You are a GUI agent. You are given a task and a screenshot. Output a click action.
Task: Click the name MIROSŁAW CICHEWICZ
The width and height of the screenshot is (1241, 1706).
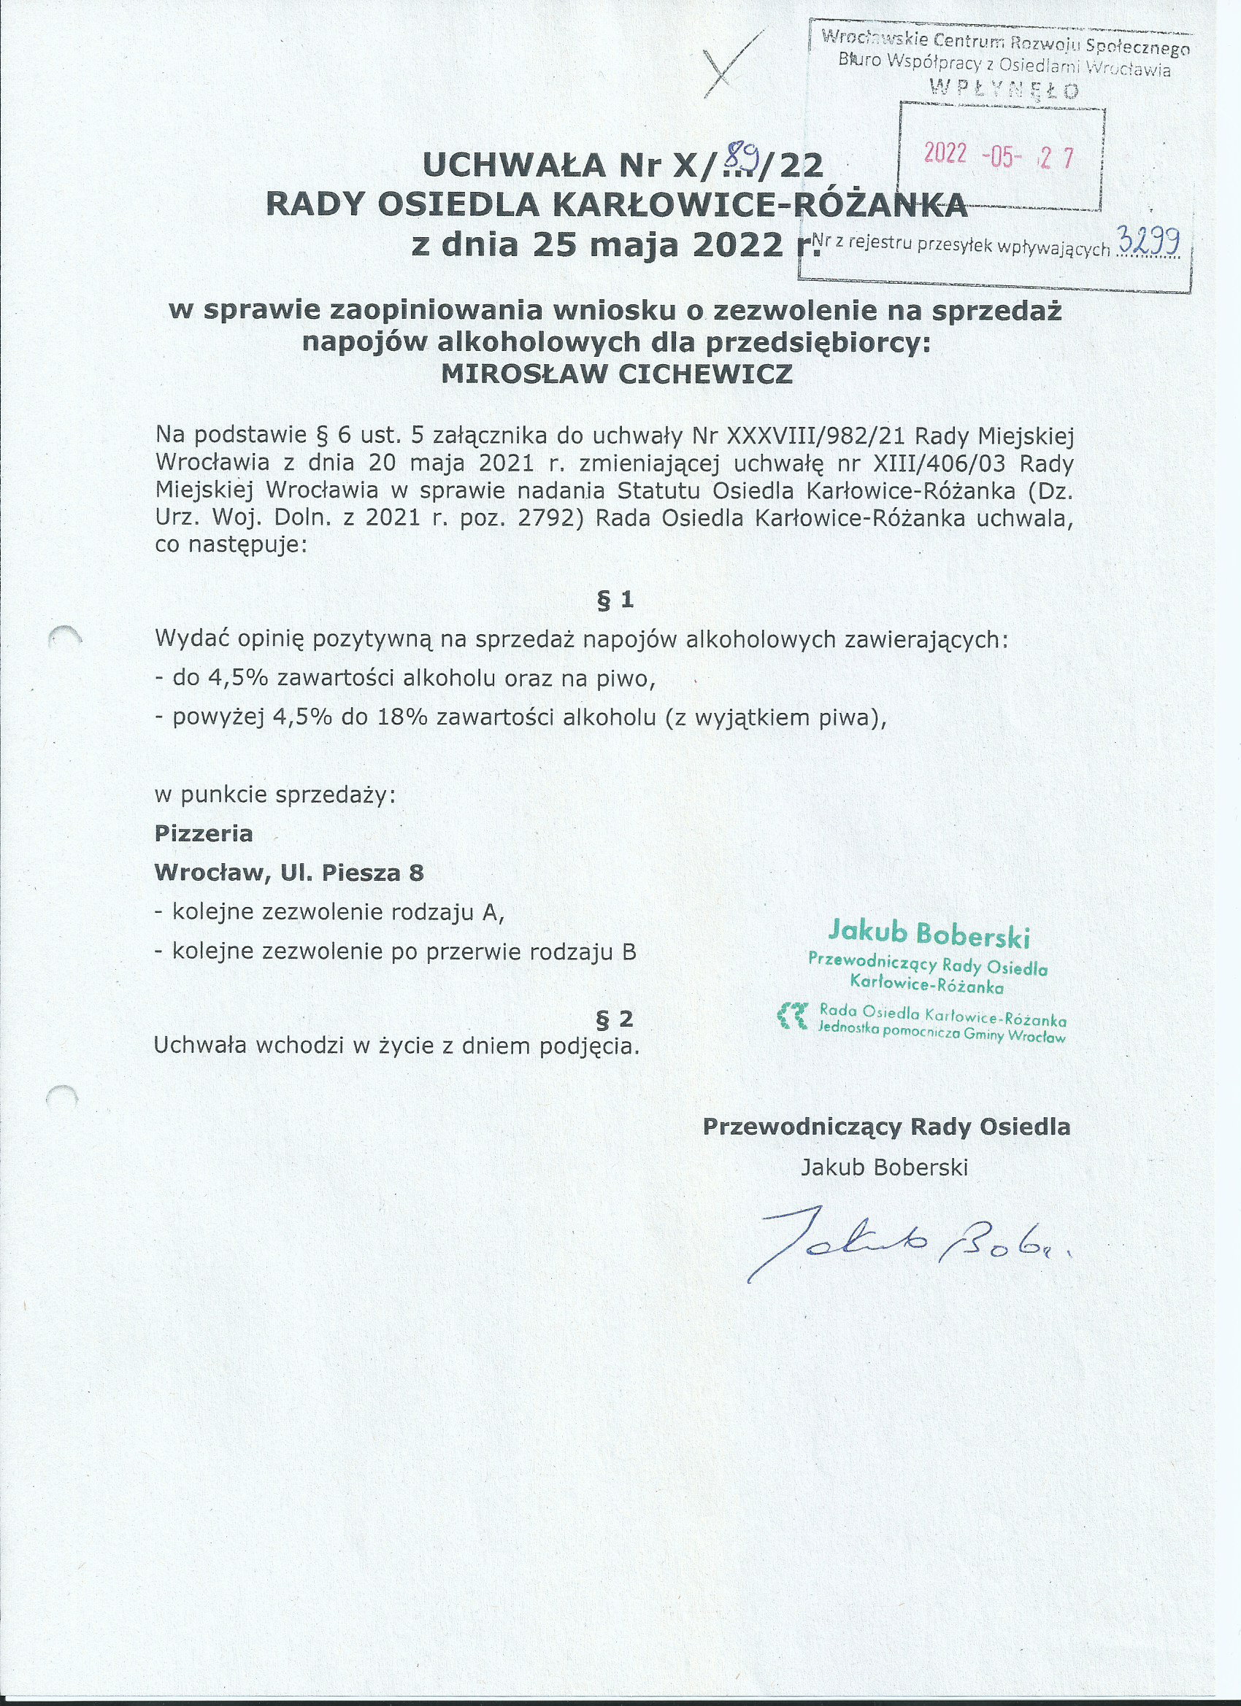click(616, 374)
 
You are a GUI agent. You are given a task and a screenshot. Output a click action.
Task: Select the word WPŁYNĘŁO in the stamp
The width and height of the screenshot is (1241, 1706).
click(1004, 90)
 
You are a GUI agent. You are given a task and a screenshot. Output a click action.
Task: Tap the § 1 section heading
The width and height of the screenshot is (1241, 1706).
click(615, 600)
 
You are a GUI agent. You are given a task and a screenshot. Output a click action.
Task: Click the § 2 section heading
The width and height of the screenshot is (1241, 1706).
click(614, 1019)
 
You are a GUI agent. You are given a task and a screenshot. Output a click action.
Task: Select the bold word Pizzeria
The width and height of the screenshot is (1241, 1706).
click(203, 833)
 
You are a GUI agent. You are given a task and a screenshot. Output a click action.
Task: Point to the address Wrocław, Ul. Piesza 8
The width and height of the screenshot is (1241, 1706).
click(289, 873)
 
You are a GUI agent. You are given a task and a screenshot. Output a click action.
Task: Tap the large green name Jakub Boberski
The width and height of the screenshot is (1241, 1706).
click(928, 934)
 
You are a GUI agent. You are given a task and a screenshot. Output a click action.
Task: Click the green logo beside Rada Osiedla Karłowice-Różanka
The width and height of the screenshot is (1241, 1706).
click(794, 1015)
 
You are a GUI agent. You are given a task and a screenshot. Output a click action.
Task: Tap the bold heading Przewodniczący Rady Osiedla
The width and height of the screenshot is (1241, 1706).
click(885, 1126)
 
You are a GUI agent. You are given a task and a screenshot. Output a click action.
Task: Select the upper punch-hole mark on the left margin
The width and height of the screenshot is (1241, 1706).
click(65, 636)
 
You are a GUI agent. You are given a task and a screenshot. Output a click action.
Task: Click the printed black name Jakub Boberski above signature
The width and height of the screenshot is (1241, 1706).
click(884, 1167)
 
